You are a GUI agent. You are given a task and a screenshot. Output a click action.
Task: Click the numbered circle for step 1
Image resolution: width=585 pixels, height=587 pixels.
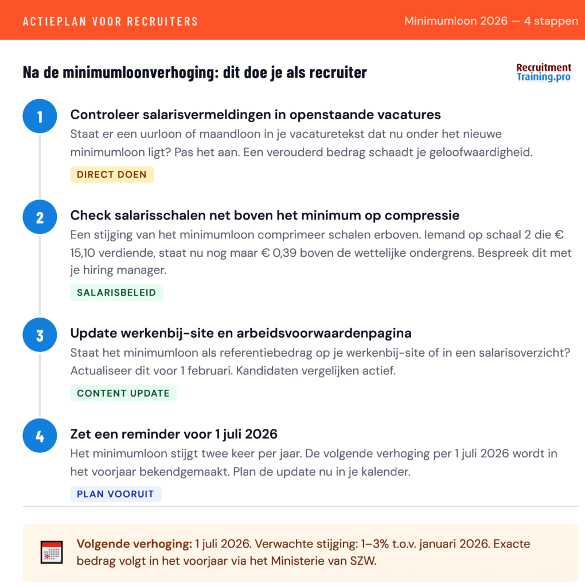[x=40, y=117]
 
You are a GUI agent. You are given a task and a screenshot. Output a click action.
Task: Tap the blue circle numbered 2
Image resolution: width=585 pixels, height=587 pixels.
[x=40, y=218]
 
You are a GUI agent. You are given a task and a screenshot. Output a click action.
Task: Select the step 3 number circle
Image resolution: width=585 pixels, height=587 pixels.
[x=40, y=335]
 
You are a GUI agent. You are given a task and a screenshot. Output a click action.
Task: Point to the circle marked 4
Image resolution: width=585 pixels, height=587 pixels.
[x=40, y=436]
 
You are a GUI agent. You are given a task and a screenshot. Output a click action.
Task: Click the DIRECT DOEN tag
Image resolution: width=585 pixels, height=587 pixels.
[x=112, y=174]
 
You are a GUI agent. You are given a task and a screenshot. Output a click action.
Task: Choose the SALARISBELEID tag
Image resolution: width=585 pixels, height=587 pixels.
[x=116, y=292]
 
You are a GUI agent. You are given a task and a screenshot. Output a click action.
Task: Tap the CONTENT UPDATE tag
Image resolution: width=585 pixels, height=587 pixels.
[x=123, y=393]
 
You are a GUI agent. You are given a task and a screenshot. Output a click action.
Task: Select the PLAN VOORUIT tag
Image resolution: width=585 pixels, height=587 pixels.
[x=116, y=494]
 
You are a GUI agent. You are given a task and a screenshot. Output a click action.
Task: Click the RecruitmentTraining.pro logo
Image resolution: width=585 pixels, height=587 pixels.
[x=544, y=73]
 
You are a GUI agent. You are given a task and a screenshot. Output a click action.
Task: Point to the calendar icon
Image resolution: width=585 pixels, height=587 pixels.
[x=52, y=552]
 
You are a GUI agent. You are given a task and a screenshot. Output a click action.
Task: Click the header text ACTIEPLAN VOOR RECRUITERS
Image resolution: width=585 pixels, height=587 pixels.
[x=111, y=22]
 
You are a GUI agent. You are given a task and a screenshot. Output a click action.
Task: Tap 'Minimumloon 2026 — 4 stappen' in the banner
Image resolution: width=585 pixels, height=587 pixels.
[x=491, y=21]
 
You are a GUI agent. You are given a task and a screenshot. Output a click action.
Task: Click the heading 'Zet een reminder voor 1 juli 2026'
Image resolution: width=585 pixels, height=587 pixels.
[x=174, y=434]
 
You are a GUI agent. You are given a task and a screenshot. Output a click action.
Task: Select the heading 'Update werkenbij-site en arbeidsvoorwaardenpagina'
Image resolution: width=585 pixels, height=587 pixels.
[x=241, y=333]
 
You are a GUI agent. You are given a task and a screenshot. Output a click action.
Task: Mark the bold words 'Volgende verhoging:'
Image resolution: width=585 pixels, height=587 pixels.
[x=134, y=543]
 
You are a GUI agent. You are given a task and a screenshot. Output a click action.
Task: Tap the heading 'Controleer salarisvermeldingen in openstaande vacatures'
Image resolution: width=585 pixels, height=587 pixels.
[x=255, y=115]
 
